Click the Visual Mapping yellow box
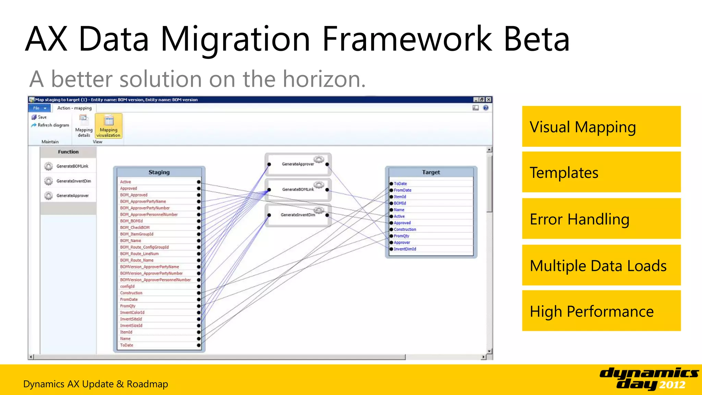[601, 127]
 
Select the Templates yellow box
[601, 172]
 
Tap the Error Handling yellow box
[601, 219]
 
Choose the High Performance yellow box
[601, 311]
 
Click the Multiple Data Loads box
[601, 265]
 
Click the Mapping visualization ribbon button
[109, 126]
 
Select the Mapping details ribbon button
[84, 126]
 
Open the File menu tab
[39, 108]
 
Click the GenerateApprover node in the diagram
[298, 164]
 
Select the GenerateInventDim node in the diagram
[298, 215]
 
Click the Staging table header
[159, 172]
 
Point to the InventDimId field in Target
[405, 249]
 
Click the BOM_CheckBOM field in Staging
[135, 227]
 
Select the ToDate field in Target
[400, 184]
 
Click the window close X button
[489, 100]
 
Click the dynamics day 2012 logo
[649, 378]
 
